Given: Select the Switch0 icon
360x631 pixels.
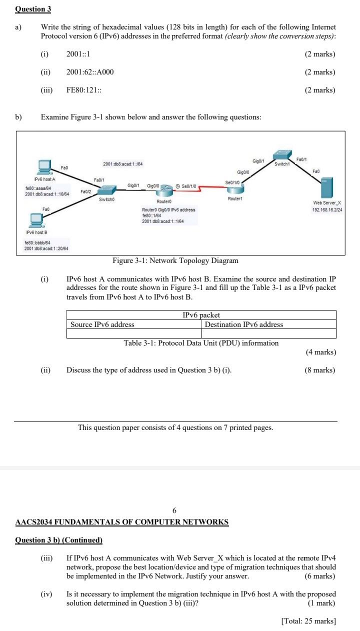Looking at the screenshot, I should (106, 190).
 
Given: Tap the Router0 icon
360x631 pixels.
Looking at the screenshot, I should (167, 189).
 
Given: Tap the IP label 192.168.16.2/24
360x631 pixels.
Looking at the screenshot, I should (326, 210).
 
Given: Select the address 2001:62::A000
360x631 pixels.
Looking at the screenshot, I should (90, 72).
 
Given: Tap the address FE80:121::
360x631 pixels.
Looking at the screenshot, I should (84, 90).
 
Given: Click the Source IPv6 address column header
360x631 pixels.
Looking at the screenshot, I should (102, 324).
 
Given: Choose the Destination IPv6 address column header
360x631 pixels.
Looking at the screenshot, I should (244, 324).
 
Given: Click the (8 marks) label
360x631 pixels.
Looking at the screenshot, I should (320, 370).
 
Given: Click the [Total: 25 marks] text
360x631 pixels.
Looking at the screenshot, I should (308, 621).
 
